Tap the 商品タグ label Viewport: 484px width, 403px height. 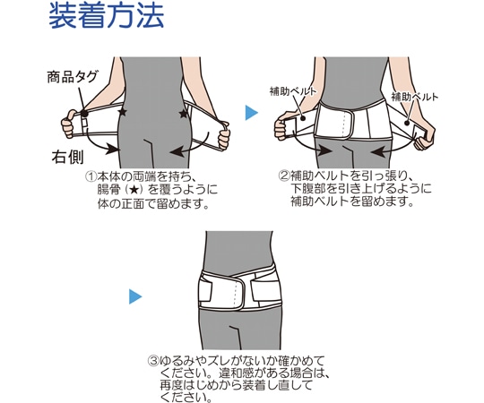click(x=73, y=78)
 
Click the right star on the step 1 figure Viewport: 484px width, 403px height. click(x=184, y=114)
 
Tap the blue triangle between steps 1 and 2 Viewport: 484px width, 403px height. click(x=252, y=113)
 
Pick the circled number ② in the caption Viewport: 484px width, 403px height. click(x=283, y=175)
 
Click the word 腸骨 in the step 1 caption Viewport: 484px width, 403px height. click(x=108, y=190)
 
